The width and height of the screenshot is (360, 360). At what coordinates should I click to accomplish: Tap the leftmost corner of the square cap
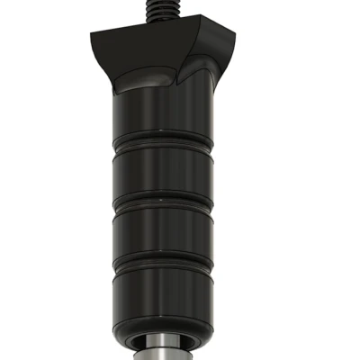(x=91, y=35)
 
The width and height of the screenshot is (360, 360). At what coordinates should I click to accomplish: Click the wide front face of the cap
(x=144, y=56)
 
